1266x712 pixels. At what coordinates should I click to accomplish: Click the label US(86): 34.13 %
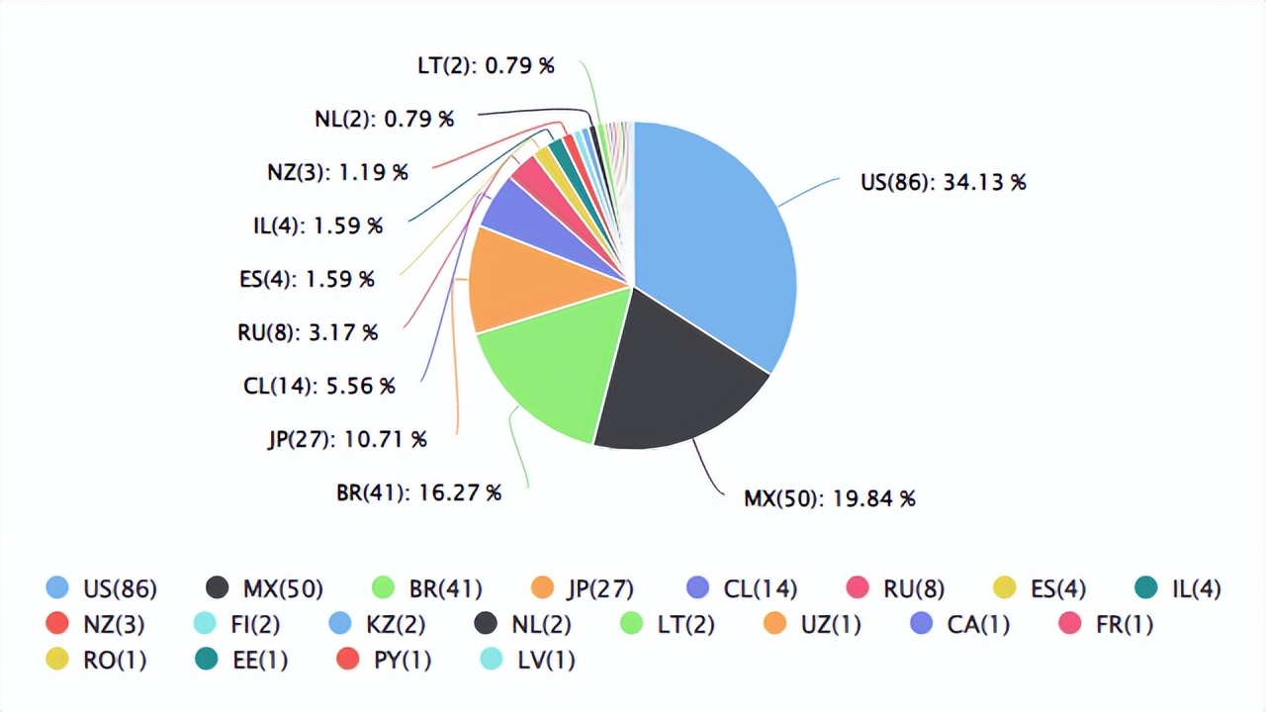coord(943,182)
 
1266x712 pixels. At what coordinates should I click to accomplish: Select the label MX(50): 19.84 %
coord(829,498)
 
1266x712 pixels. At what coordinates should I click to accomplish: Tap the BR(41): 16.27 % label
coord(418,491)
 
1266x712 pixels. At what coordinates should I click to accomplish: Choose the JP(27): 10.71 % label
coord(347,439)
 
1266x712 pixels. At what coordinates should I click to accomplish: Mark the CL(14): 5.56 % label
coord(319,386)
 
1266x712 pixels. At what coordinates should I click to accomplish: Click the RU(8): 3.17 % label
coord(308,332)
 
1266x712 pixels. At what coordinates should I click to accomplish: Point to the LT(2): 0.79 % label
coord(486,66)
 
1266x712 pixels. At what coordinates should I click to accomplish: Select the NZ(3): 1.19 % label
coord(337,172)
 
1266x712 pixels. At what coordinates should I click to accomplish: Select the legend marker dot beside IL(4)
coord(1146,588)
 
